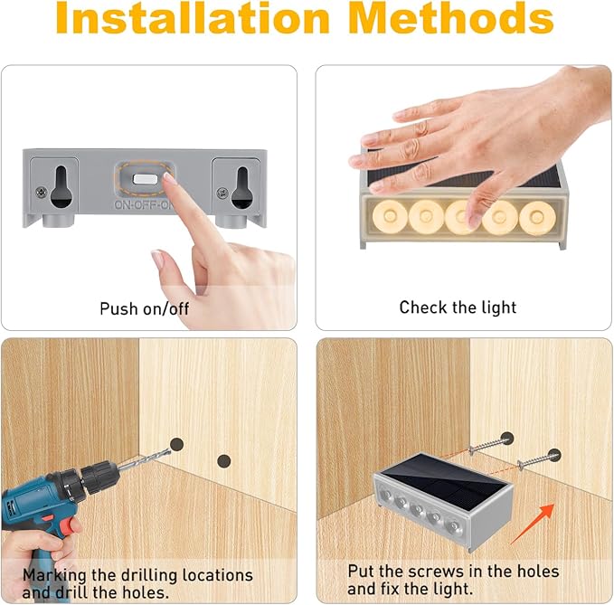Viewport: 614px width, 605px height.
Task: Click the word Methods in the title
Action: [x=452, y=18]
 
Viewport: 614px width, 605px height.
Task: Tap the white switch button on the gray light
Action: [x=146, y=179]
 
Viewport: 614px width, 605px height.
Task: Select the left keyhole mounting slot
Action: [x=61, y=186]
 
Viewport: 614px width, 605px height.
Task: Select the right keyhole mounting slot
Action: [x=242, y=187]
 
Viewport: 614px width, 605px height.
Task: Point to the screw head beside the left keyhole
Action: [x=41, y=192]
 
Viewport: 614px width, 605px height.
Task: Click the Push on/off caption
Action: [x=145, y=308]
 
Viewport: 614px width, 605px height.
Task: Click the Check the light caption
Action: [x=458, y=307]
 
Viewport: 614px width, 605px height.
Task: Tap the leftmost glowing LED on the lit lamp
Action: [x=390, y=216]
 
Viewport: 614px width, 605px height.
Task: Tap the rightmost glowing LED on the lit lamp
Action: [x=537, y=218]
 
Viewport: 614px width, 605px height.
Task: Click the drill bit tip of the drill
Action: [x=170, y=450]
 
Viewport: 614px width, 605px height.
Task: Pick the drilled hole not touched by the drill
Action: [x=223, y=461]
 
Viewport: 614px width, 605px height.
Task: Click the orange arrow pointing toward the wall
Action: [x=533, y=524]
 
